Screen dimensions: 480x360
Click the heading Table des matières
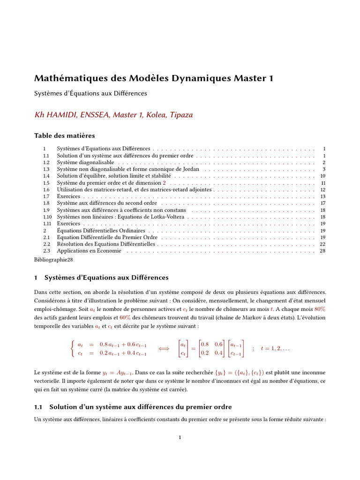65,135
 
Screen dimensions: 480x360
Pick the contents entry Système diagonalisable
85,162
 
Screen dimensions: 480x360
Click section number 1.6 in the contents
46,189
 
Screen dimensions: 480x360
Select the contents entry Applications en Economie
89,251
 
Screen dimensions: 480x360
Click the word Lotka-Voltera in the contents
167,217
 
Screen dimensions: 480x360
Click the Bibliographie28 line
53,258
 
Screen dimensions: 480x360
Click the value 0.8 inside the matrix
205,344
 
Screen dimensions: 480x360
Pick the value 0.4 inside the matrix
219,353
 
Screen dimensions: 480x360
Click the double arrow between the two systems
164,348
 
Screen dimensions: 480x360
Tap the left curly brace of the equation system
72,348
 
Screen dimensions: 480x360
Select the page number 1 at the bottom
180,437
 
